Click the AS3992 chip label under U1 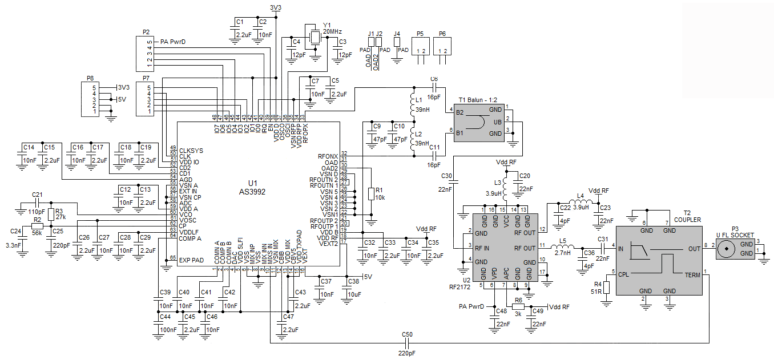252,192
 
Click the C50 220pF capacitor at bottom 407,343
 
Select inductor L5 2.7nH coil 563,248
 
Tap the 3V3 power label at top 276,7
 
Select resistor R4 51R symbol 606,285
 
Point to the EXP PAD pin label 191,260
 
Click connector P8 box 91,99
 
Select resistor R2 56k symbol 38,226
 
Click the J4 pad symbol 397,42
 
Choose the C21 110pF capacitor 38,203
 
